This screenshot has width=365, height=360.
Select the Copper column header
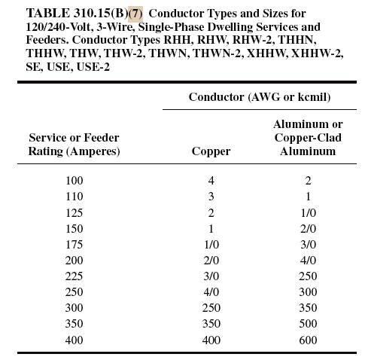point(211,151)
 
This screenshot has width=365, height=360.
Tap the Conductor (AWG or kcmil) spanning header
point(260,97)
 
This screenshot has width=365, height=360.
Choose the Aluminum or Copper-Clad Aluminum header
point(307,137)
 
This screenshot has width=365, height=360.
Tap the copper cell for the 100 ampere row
point(211,182)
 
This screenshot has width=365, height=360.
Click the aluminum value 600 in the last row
point(307,341)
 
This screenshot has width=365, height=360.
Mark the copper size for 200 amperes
point(211,261)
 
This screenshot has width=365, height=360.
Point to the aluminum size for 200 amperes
point(307,261)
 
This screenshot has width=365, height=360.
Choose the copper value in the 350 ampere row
point(211,325)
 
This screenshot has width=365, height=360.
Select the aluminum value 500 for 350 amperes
point(307,325)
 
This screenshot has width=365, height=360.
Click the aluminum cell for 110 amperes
point(307,197)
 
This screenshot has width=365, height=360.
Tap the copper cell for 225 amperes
point(211,277)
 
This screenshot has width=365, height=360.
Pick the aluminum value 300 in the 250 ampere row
point(307,293)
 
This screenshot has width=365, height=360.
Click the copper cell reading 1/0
point(211,246)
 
